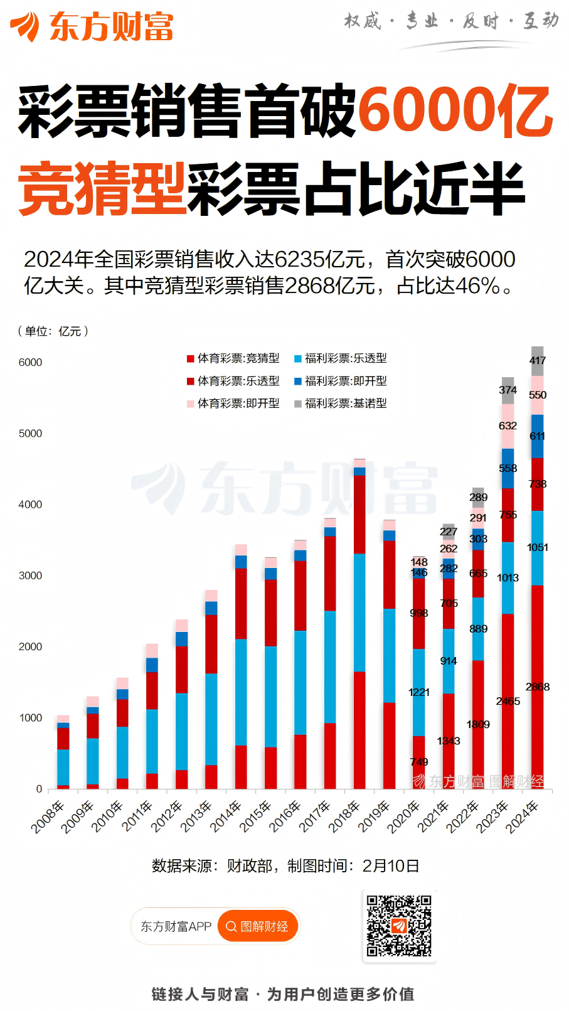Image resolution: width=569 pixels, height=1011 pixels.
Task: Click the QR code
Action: [399, 926]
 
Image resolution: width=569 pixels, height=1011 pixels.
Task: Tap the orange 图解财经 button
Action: [257, 926]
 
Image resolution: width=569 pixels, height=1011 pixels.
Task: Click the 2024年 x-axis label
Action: [523, 816]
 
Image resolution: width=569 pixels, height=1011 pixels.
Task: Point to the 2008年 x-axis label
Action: [48, 816]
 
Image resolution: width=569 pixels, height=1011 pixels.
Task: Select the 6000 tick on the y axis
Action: [30, 363]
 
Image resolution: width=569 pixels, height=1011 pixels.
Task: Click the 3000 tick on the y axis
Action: [30, 575]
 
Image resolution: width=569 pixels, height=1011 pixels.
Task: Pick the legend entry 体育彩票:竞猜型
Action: [233, 358]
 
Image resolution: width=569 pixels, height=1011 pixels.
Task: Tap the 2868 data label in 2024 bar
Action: [538, 687]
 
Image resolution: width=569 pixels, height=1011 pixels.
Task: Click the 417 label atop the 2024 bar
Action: [538, 360]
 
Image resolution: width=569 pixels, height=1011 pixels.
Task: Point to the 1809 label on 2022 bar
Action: [478, 725]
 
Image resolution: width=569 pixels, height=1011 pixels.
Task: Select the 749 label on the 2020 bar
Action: [419, 762]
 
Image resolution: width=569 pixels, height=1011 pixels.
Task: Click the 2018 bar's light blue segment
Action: [359, 612]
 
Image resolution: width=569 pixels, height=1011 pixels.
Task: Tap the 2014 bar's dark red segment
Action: [241, 603]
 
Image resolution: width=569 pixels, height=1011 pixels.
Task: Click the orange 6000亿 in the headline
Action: [455, 112]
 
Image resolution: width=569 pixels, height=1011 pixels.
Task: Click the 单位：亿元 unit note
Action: [53, 331]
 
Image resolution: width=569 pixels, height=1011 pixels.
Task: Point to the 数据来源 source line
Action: [285, 866]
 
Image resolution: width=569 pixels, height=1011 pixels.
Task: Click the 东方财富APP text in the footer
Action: [176, 926]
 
